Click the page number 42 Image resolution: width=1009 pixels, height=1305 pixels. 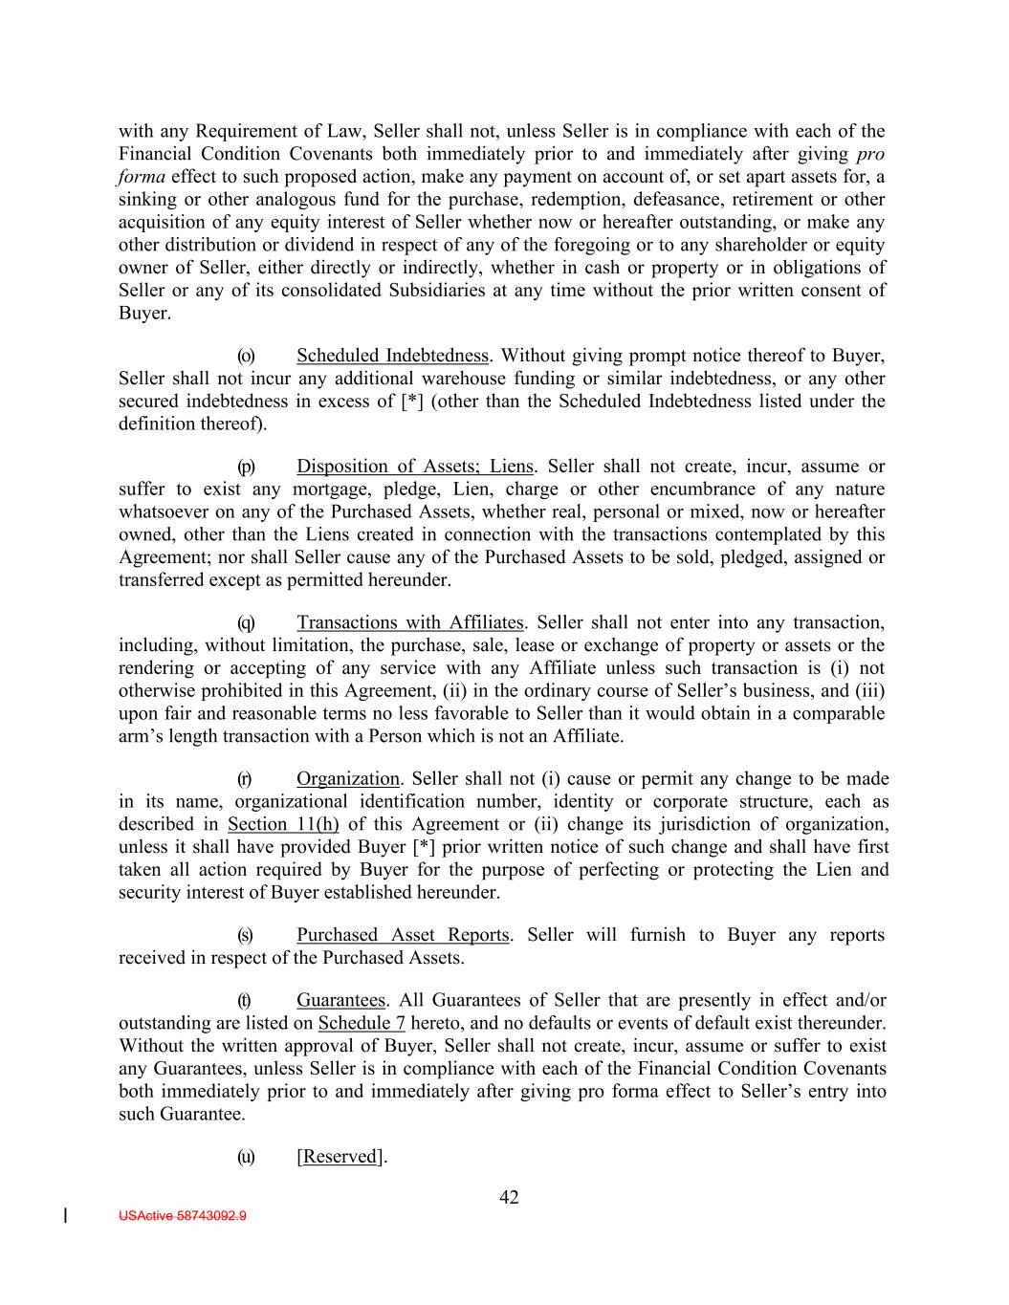[x=509, y=1197]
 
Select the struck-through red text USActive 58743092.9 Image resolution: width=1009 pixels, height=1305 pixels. [x=183, y=1216]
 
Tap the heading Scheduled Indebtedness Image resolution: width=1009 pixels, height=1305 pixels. [x=393, y=357]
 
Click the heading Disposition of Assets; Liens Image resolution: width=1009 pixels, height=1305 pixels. [x=415, y=467]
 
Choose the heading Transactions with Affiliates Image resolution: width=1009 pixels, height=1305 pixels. [x=410, y=623]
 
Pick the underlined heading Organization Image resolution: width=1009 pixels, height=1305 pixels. [x=348, y=779]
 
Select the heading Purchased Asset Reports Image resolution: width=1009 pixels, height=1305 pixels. [x=404, y=935]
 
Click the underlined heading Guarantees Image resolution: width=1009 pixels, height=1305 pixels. [x=340, y=1001]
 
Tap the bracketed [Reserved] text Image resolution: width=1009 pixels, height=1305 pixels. [x=340, y=1157]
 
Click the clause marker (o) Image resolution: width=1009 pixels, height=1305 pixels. [x=246, y=357]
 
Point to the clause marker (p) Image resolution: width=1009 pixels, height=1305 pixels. [x=246, y=467]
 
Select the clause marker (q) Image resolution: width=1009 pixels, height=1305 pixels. [x=246, y=623]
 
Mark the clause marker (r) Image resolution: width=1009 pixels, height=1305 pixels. [x=245, y=779]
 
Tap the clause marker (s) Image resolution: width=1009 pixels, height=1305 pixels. [x=246, y=935]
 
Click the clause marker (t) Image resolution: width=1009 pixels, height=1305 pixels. [x=244, y=1001]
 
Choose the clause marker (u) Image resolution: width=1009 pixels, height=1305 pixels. [x=246, y=1157]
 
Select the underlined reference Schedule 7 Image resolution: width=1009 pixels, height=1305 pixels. [x=362, y=1023]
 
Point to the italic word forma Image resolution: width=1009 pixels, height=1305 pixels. [x=142, y=177]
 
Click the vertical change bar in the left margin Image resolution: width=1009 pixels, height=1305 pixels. [x=65, y=1216]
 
